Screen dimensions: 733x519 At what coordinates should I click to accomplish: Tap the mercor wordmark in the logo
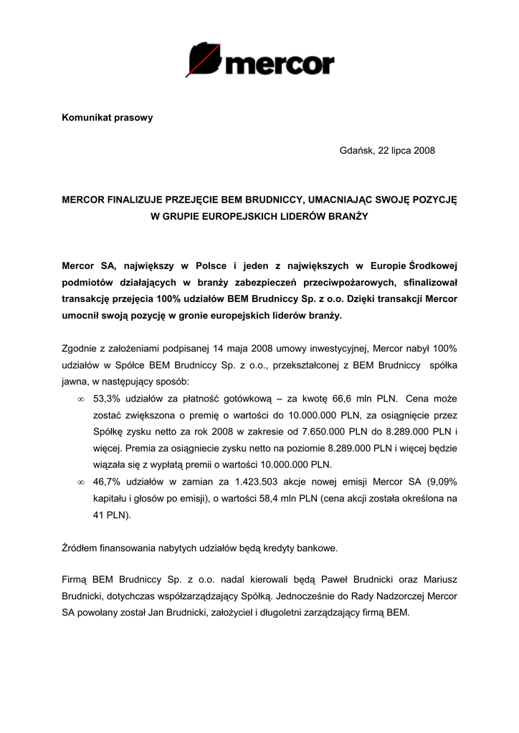[x=280, y=64]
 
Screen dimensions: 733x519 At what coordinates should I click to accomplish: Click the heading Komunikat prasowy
[x=107, y=117]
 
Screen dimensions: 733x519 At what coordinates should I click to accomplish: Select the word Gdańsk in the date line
[x=356, y=150]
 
